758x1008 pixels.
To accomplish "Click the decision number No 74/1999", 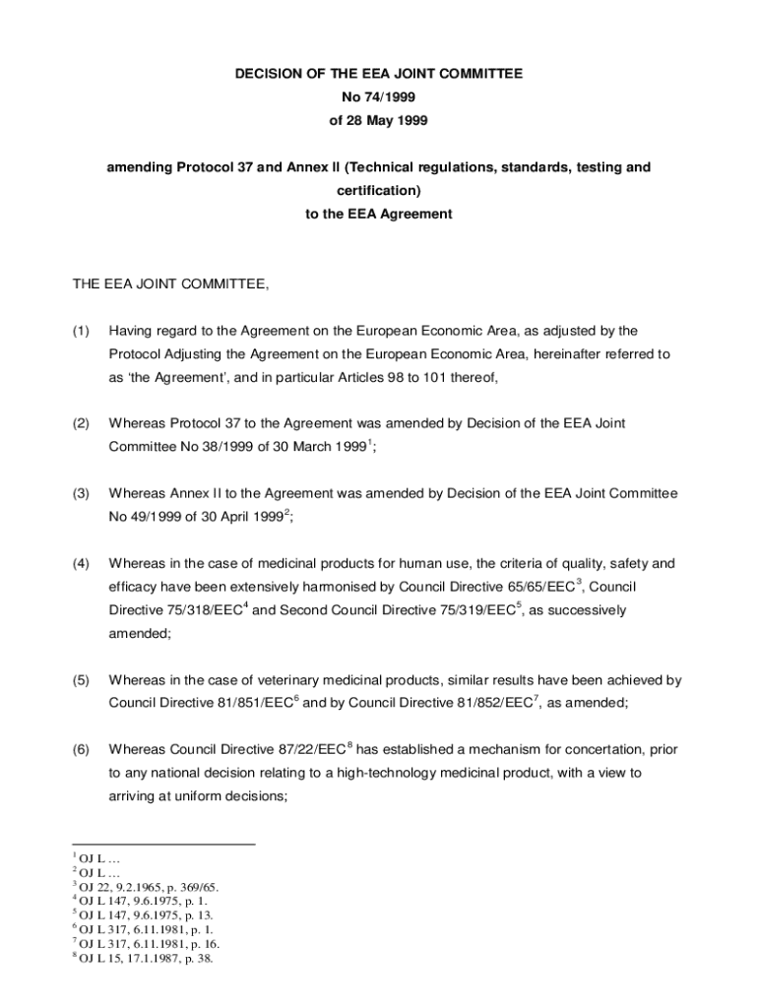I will pyautogui.click(x=378, y=97).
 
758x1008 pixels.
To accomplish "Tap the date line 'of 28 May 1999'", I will pyautogui.click(x=378, y=120).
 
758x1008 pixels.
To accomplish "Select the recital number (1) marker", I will pyautogui.click(x=82, y=331).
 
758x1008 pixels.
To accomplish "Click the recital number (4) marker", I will pyautogui.click(x=82, y=564).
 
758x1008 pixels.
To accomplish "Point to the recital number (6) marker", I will pyautogui.click(x=82, y=749).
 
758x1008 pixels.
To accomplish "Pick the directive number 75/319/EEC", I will pyautogui.click(x=468, y=611).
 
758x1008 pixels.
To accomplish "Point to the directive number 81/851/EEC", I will pyautogui.click(x=252, y=704).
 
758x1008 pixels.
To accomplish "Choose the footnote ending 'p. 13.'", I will pyautogui.click(x=143, y=914).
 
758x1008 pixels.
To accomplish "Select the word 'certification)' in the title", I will pyautogui.click(x=378, y=191).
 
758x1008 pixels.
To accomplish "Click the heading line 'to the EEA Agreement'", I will pyautogui.click(x=378, y=214).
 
